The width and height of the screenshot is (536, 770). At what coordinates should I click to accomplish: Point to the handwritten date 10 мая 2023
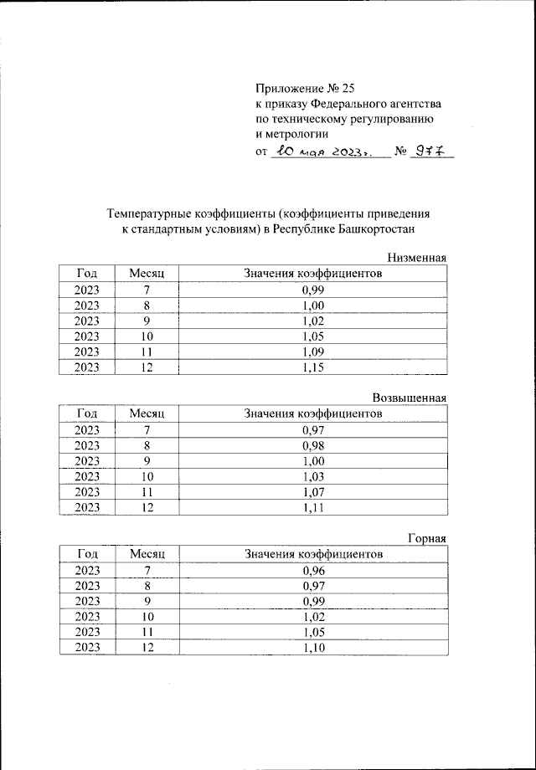tap(322, 152)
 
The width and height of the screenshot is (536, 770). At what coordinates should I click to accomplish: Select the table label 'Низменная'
tap(416, 258)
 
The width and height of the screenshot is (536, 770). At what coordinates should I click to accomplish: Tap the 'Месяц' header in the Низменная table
tap(147, 274)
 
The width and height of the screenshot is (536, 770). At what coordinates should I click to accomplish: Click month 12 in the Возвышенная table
tap(147, 508)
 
